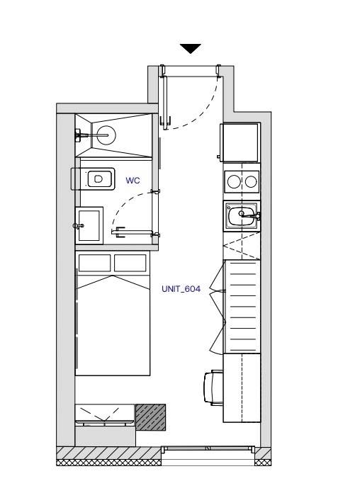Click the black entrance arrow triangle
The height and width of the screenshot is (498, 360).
coord(191,48)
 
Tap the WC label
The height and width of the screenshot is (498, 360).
coord(133,181)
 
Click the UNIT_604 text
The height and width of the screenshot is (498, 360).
coord(181,289)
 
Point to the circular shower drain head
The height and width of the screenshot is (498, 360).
coord(106,135)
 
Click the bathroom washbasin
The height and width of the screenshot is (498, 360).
coord(89,225)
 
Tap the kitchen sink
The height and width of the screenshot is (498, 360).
coord(242,216)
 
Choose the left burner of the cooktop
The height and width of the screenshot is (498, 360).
coord(234,181)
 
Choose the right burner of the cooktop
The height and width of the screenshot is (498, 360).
coord(251,181)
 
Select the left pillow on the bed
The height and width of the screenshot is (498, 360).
coord(94,263)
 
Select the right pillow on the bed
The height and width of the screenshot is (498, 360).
coord(130,263)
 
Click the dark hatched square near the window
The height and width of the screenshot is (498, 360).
coord(151,417)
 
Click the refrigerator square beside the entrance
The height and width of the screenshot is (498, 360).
coord(240,142)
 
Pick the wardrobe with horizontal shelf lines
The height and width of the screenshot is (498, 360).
coord(242,307)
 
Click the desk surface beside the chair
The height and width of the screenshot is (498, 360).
coord(242,388)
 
